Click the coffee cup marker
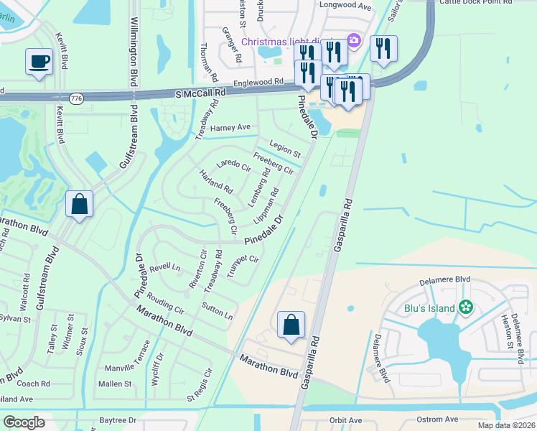pos(39,61)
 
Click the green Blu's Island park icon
pos(467,307)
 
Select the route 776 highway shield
pos(77,97)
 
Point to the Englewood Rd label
pos(258,83)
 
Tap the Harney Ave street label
pos(230,127)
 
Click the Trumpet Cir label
pos(242,264)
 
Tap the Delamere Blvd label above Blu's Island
pos(446,279)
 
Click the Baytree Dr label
pos(118,420)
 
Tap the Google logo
pos(24,422)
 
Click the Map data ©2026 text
pos(506,425)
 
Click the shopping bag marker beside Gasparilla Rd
pos(291,325)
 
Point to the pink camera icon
pos(353,40)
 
